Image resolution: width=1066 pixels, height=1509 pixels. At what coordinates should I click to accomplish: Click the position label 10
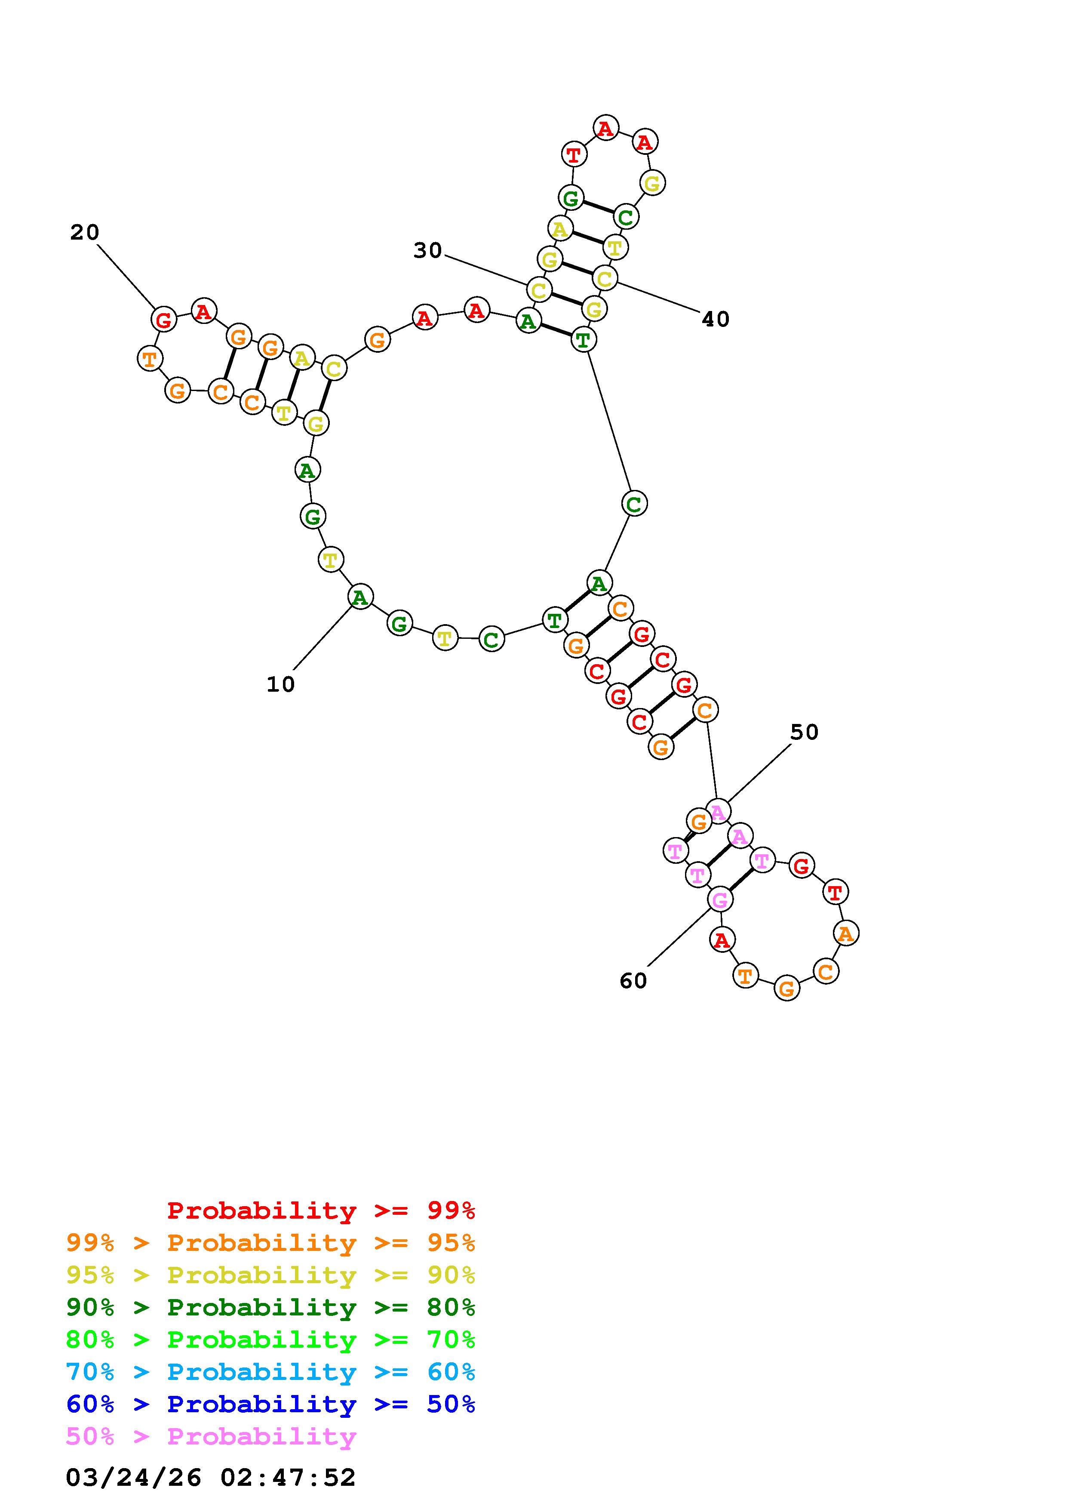[x=280, y=684]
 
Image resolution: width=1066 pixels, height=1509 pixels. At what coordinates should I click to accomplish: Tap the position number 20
[x=85, y=232]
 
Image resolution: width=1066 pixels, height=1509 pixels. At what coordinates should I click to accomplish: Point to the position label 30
[x=427, y=250]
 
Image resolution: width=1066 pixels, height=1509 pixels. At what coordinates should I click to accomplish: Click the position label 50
[x=804, y=732]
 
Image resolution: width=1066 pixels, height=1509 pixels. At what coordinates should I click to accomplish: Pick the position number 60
[x=633, y=981]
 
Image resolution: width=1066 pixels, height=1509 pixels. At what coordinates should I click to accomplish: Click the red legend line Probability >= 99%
[x=321, y=1210]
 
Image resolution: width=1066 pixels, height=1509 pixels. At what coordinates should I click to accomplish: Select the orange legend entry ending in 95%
[x=270, y=1242]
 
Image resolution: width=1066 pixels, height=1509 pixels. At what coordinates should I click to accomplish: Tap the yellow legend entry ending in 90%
[x=270, y=1275]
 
